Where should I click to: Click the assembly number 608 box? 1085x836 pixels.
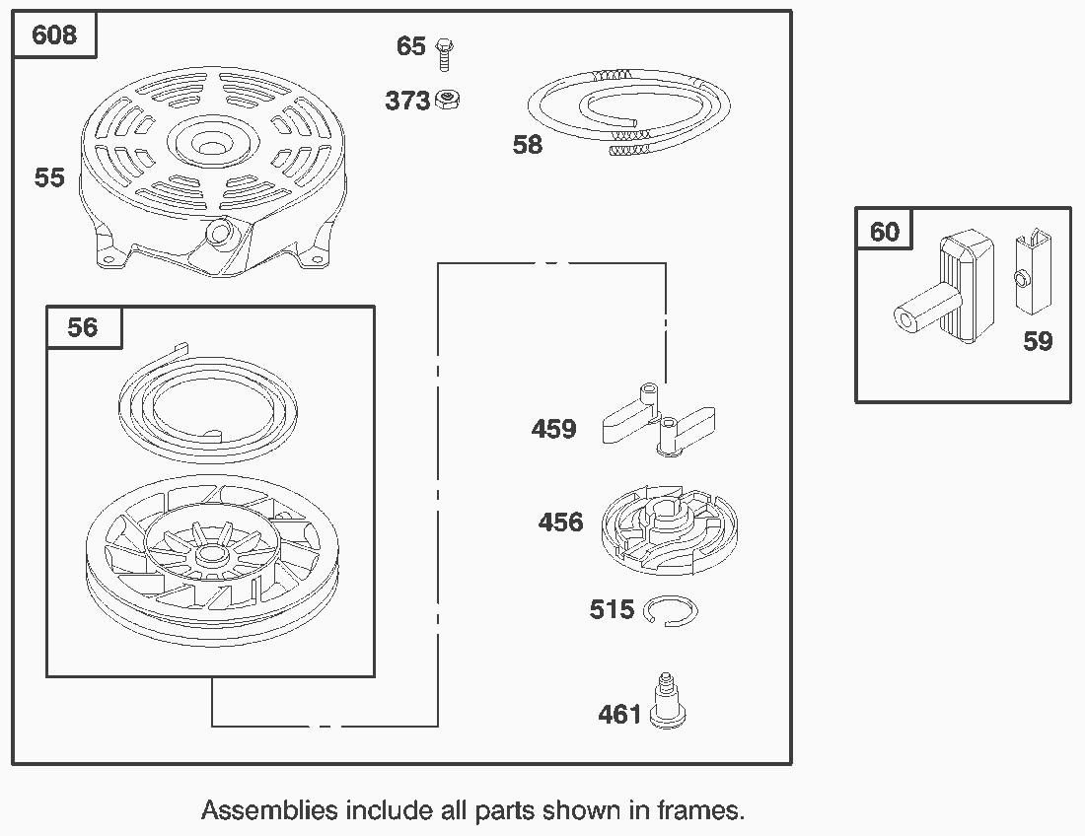click(54, 35)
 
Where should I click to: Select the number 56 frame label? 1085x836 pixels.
click(83, 327)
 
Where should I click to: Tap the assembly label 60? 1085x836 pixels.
click(885, 231)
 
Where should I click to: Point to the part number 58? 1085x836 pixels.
click(528, 145)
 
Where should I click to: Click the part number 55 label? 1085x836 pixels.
click(49, 177)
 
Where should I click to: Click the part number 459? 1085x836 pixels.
click(553, 429)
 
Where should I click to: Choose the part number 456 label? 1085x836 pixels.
click(560, 522)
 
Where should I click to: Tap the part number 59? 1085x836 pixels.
click(1038, 341)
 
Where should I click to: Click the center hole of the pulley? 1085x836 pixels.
click(209, 557)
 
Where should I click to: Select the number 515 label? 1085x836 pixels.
click(612, 609)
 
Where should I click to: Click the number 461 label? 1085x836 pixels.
click(619, 714)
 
